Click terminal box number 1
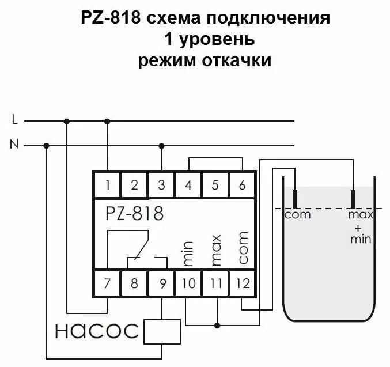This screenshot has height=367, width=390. tap(108, 185)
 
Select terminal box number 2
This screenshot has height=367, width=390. tap(134, 185)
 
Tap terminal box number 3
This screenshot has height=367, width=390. tap(161, 185)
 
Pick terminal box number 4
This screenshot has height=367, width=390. tap(188, 185)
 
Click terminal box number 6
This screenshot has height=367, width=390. tap(242, 185)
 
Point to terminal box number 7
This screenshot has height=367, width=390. tap(108, 283)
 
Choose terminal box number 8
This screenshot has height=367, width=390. tap(134, 283)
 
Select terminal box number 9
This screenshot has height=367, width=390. tap(161, 283)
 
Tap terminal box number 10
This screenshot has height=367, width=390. tap(188, 283)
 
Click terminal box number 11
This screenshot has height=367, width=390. tap(215, 283)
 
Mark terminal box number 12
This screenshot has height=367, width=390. tap(242, 283)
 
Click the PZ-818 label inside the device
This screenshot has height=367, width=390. tap(134, 214)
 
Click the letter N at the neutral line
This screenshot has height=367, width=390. tap(14, 145)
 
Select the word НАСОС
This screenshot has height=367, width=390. tap(97, 331)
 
